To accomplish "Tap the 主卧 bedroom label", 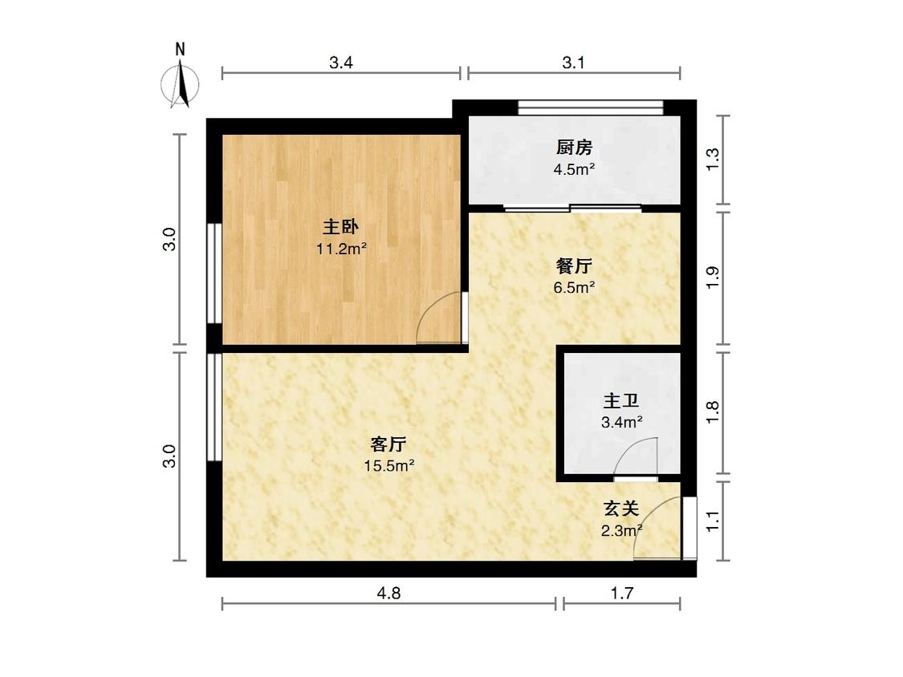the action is pos(341,227).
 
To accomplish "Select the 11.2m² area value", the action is pos(341,249).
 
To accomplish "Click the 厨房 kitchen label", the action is pos(574,148).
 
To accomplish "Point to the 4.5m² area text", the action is pos(574,169).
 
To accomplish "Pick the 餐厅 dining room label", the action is pos(574,266).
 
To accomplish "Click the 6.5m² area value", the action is pos(574,286).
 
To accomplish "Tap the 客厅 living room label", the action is pos(388,444).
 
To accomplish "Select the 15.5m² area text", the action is pos(389,466).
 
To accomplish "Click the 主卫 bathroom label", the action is pos(621,401).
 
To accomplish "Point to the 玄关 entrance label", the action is pos(621,509).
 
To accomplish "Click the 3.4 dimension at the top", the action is pos(341,63).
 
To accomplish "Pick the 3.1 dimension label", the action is pos(574,63).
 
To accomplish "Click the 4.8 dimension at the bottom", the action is pos(388,592).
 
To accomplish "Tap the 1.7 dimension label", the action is pos(622,592).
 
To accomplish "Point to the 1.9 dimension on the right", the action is pos(713,278).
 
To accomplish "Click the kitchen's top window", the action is pos(591,107).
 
